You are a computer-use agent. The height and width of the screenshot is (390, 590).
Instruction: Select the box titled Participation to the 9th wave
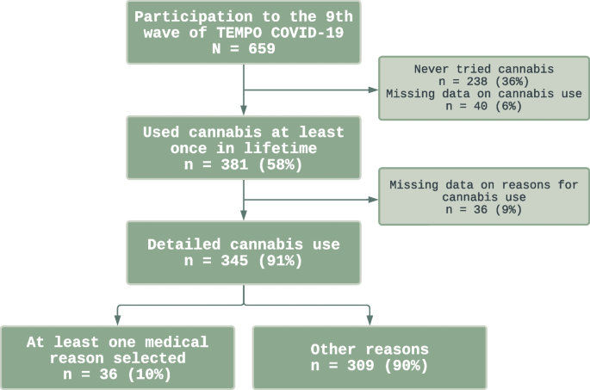click(244, 32)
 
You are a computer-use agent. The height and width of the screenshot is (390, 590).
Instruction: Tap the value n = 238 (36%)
click(485, 81)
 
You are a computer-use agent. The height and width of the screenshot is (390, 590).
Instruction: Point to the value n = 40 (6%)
click(485, 105)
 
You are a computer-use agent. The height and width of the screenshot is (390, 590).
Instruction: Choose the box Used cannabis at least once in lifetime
click(244, 147)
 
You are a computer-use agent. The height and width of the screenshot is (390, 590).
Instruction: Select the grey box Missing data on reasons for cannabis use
click(484, 197)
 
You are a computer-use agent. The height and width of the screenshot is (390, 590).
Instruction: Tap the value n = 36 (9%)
click(484, 209)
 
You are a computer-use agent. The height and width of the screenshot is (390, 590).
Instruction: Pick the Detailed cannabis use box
click(244, 252)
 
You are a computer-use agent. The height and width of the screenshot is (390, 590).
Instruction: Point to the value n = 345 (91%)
click(244, 261)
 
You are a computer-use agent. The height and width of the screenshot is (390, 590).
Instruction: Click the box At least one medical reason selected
click(118, 357)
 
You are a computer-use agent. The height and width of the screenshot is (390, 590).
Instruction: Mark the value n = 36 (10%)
click(118, 374)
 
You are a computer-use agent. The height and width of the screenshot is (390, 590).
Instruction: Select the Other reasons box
click(370, 357)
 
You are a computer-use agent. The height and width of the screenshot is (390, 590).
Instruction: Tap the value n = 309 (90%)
click(370, 366)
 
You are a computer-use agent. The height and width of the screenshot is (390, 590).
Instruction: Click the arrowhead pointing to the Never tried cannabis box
click(373, 89)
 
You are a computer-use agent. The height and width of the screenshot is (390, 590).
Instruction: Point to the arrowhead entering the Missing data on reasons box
click(373, 198)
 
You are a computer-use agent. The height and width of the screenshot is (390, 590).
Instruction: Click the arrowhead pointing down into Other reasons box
click(370, 320)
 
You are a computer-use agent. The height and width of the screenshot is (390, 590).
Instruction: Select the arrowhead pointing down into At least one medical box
click(118, 320)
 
